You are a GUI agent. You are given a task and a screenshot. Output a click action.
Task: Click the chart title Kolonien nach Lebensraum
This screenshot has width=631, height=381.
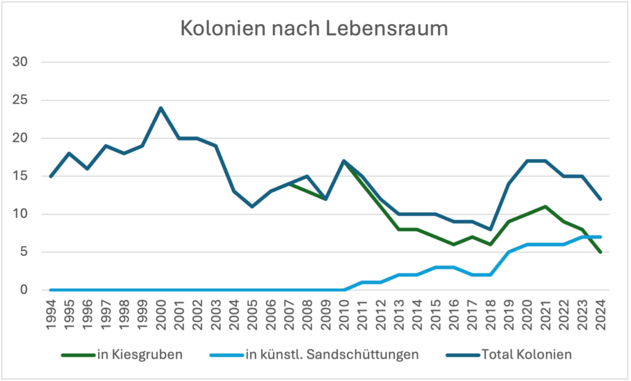(x=314, y=29)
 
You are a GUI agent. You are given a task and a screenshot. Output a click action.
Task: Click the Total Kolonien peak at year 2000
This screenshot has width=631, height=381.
(x=161, y=108)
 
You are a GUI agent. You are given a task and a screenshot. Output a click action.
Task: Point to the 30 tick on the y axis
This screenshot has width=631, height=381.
(x=20, y=62)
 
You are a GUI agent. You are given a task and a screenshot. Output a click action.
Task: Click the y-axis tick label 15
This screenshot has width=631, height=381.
(x=20, y=176)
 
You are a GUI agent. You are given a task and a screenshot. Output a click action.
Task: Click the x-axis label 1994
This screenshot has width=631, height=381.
(x=51, y=314)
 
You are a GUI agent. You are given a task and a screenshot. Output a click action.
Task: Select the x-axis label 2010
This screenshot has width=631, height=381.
(x=344, y=314)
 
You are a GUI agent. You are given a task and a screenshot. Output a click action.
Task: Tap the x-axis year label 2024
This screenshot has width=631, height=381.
(x=601, y=314)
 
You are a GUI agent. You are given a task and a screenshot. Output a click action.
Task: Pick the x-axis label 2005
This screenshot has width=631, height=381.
(x=253, y=314)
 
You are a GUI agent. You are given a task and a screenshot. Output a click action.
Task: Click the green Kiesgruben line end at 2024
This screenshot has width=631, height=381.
(x=601, y=252)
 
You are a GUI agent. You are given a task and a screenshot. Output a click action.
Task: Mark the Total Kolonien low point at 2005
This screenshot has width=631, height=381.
(x=253, y=207)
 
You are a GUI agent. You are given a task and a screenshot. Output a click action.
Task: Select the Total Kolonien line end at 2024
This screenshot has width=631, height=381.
(x=601, y=199)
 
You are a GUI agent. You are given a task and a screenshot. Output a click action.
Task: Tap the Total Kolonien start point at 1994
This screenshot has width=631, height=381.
(x=51, y=176)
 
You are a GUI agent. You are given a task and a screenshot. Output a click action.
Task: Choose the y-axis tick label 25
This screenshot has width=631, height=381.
(x=20, y=100)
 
